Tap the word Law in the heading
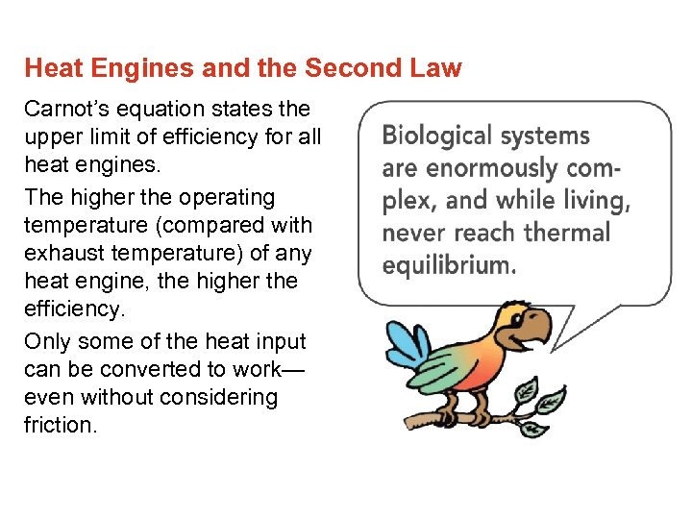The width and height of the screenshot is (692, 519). click(x=437, y=69)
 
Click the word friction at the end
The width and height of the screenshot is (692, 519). click(x=60, y=425)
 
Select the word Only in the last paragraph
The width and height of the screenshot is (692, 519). click(x=45, y=341)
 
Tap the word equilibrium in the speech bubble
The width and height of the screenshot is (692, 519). click(x=449, y=265)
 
